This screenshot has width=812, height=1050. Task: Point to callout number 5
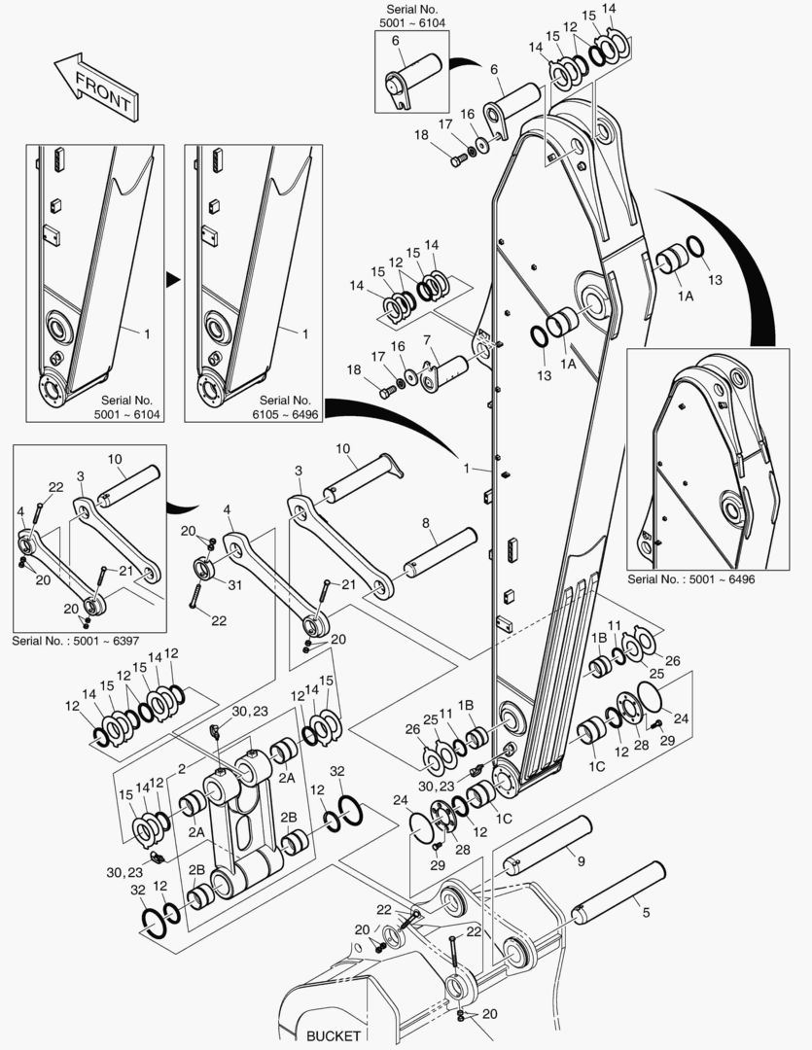[642, 911]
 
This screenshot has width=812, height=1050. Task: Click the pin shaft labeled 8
[441, 552]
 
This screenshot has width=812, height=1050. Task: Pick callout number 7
[426, 339]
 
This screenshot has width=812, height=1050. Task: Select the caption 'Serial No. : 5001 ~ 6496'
[691, 578]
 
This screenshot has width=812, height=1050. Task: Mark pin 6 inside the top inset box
[413, 76]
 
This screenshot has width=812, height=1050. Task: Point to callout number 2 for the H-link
[181, 769]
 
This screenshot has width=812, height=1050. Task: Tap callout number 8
[425, 523]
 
